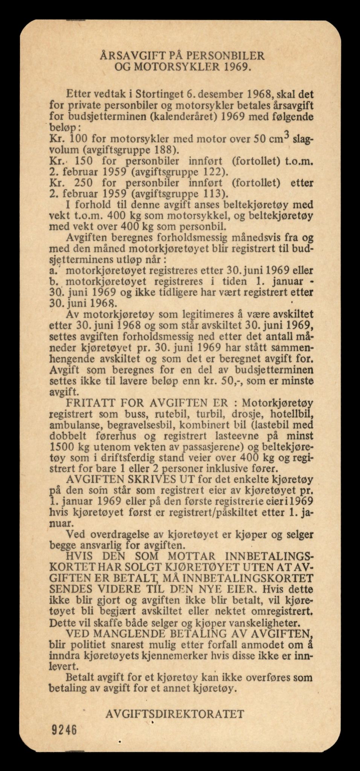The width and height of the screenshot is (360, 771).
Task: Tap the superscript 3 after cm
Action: pos(285,134)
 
